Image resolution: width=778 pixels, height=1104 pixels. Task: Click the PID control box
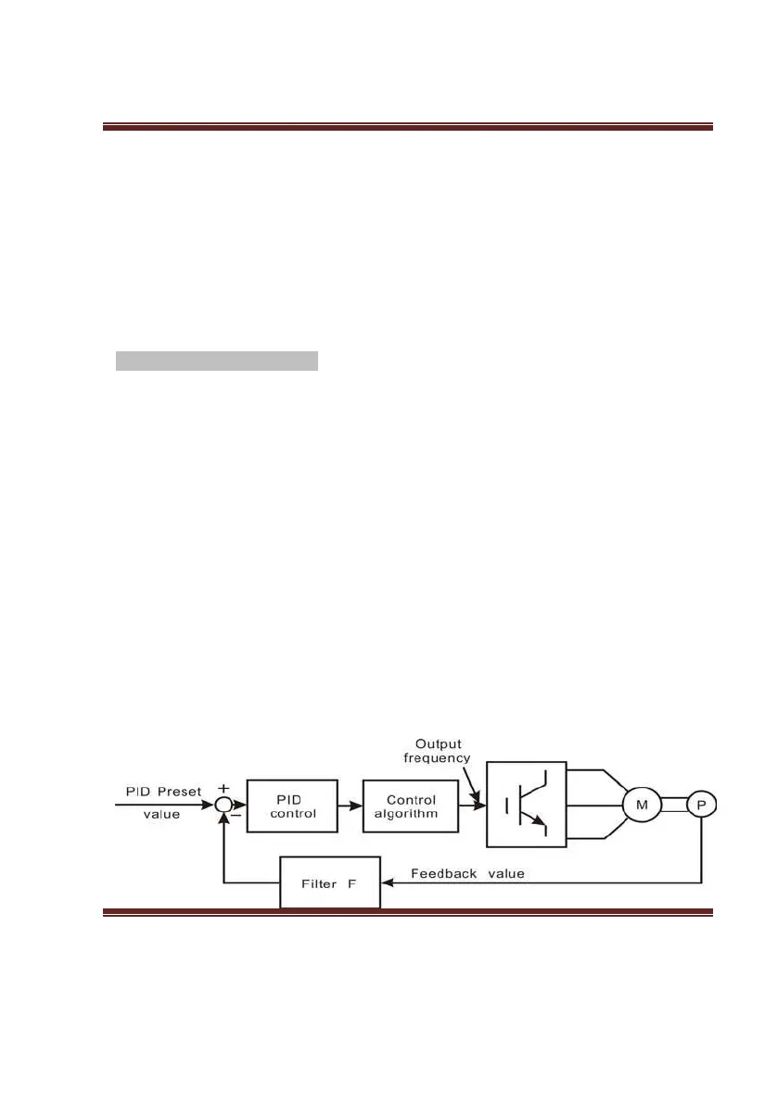[291, 806]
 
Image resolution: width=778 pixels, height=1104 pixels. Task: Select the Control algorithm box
[411, 806]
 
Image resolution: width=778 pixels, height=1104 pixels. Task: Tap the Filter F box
[330, 884]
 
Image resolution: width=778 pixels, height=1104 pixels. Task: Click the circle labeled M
[640, 806]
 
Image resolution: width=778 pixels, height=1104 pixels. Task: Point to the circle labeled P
[701, 806]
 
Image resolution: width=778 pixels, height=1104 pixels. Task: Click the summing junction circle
[223, 806]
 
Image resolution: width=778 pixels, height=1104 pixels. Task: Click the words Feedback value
[467, 872]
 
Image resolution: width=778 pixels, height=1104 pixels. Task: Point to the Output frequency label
[438, 750]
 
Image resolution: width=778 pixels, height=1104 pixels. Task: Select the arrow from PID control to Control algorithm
[350, 806]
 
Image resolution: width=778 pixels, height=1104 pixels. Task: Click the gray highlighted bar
[216, 361]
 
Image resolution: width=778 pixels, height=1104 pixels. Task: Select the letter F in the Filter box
[351, 884]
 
